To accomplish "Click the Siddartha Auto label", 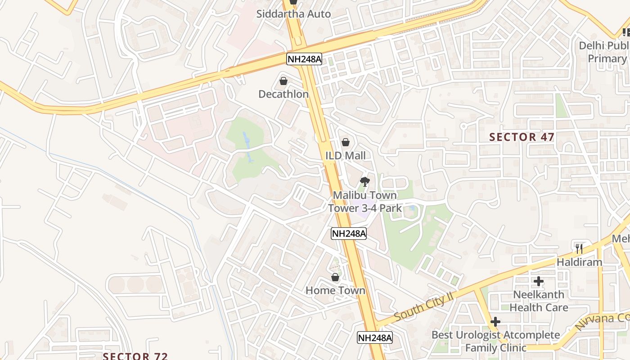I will click(x=293, y=14).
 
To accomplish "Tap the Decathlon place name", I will click(x=283, y=94).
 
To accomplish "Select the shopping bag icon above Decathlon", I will click(x=283, y=81).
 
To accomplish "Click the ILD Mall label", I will click(x=346, y=156).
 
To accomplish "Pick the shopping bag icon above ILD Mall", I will click(x=346, y=142).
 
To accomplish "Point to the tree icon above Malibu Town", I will click(x=364, y=182).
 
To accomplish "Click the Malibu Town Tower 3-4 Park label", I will click(x=363, y=202).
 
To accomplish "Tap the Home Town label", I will click(x=335, y=291).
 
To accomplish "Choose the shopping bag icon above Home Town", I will click(x=335, y=277).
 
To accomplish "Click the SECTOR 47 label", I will click(x=522, y=137).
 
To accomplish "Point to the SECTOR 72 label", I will click(x=135, y=356).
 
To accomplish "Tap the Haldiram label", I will click(x=579, y=262).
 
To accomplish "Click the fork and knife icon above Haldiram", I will click(x=579, y=248).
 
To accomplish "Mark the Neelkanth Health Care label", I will click(x=539, y=301).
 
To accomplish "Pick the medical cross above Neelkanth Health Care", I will click(x=539, y=282).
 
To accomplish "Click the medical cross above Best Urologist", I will click(x=495, y=322).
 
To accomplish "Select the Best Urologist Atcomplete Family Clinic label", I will click(x=495, y=342).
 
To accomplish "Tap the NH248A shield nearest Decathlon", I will click(x=304, y=58).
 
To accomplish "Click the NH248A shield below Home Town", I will click(x=375, y=337).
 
